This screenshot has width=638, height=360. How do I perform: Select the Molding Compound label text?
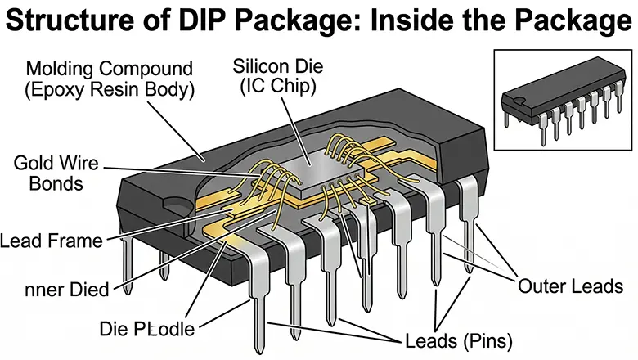pos(108,67)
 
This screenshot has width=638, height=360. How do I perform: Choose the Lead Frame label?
pos(52,241)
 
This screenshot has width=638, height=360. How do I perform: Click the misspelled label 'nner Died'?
pos(66,289)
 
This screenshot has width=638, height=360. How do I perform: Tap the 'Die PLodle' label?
pos(148,329)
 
